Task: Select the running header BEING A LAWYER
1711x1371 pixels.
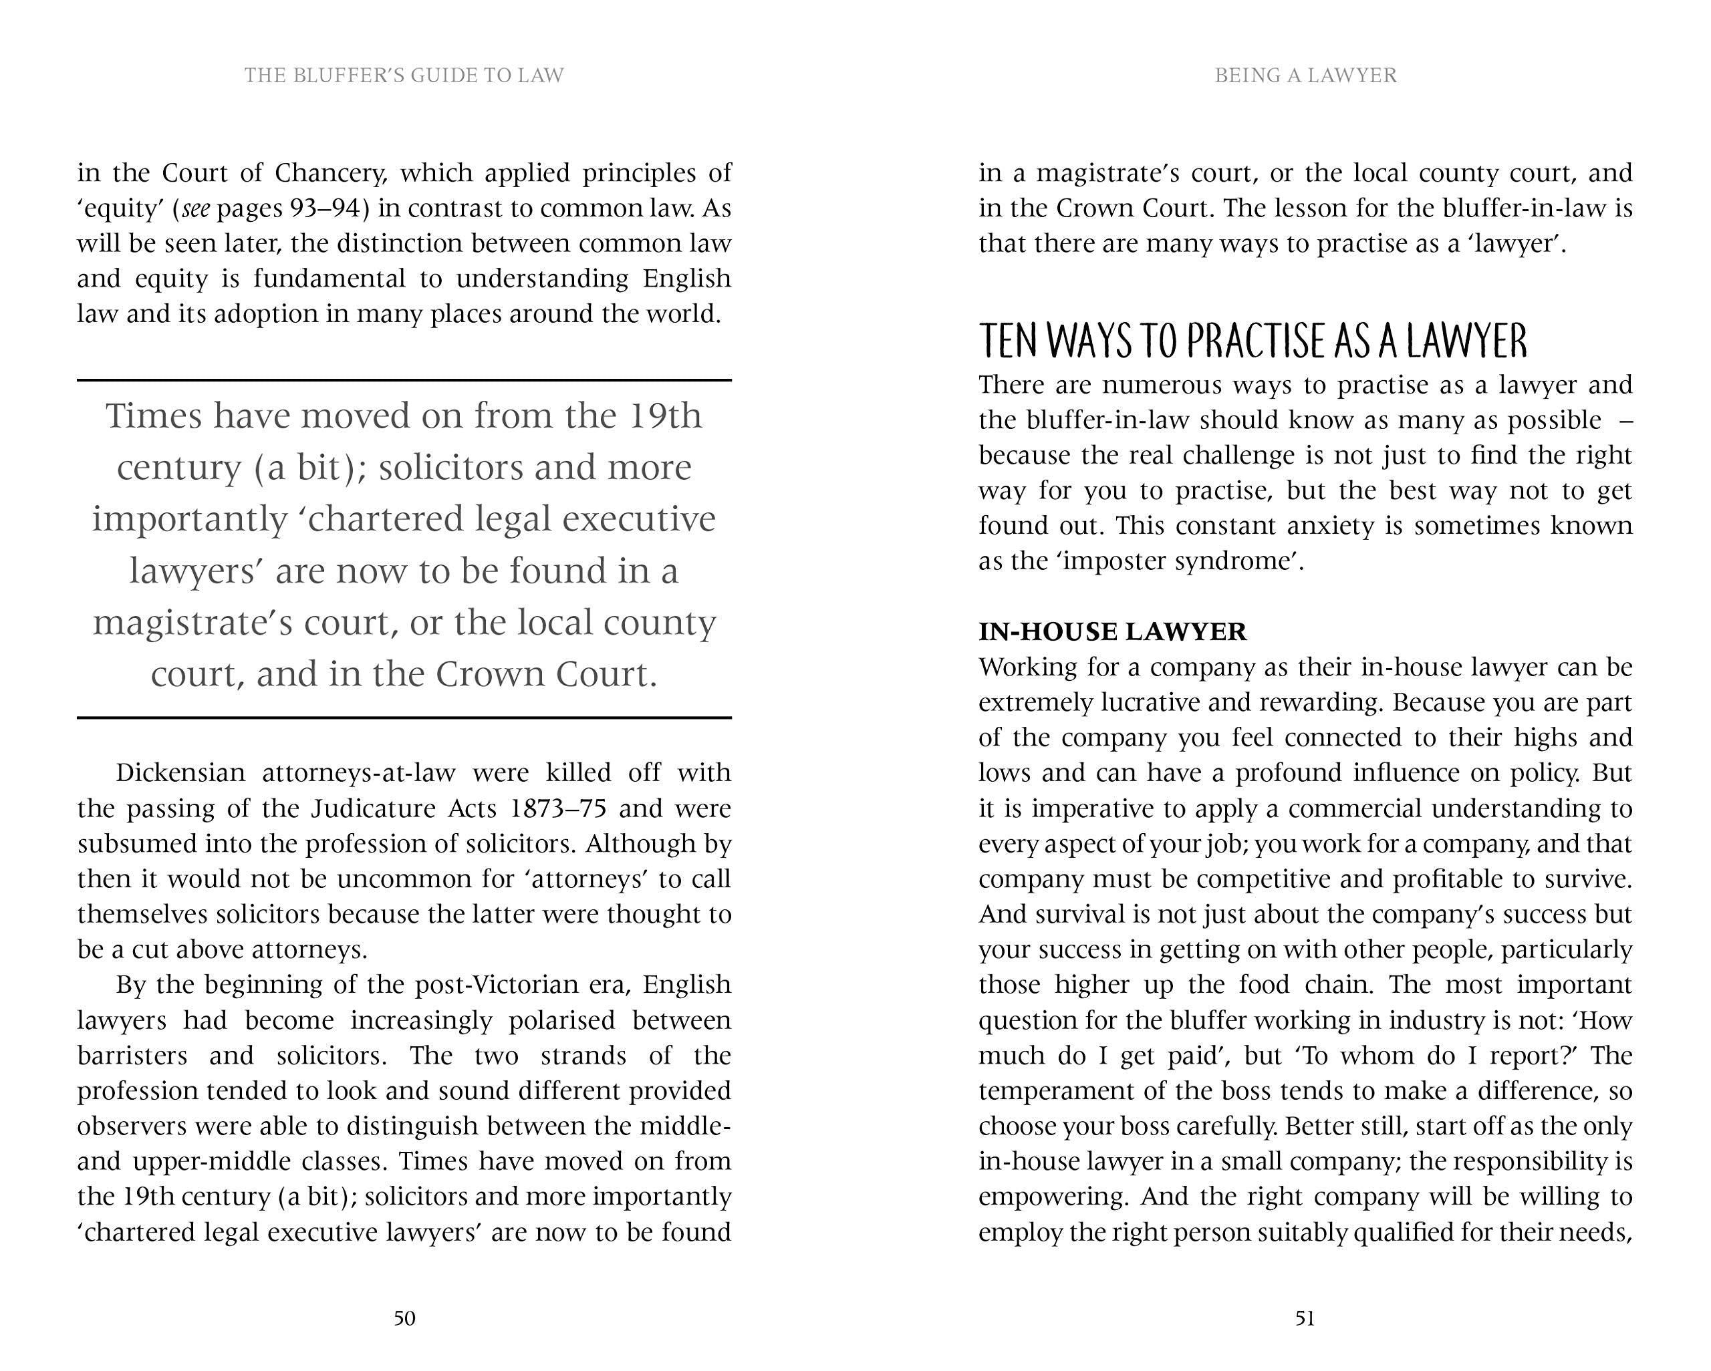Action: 1305,75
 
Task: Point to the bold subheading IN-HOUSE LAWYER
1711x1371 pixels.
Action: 1112,631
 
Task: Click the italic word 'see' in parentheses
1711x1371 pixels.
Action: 196,208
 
